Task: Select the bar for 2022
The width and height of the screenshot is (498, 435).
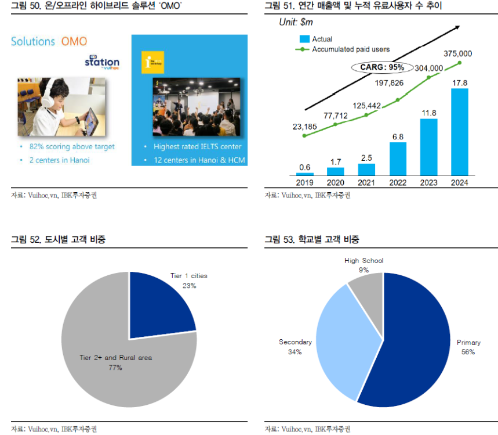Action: [x=398, y=159]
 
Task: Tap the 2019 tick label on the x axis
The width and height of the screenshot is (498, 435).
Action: [x=304, y=182]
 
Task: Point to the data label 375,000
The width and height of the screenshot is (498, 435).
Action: [x=457, y=53]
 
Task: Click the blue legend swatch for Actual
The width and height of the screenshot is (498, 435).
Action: [x=303, y=39]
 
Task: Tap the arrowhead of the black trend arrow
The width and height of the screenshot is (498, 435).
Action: [x=457, y=27]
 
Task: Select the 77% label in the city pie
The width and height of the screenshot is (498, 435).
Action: [x=115, y=368]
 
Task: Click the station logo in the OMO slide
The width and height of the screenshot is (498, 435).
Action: [x=101, y=62]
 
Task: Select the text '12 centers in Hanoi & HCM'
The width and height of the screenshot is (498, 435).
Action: [x=198, y=160]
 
